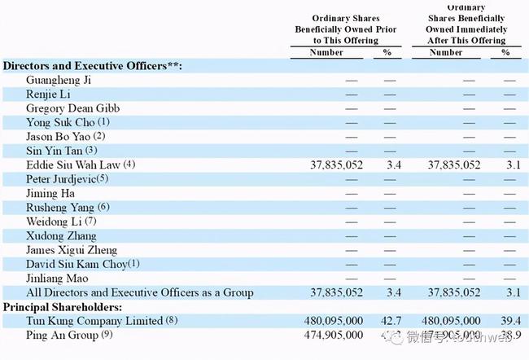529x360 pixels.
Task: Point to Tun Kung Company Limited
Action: coord(94,320)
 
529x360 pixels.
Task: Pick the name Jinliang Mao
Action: coord(55,278)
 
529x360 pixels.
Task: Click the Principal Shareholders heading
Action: coord(63,307)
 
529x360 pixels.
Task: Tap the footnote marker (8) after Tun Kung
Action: coord(172,320)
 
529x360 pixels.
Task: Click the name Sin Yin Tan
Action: coord(54,150)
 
